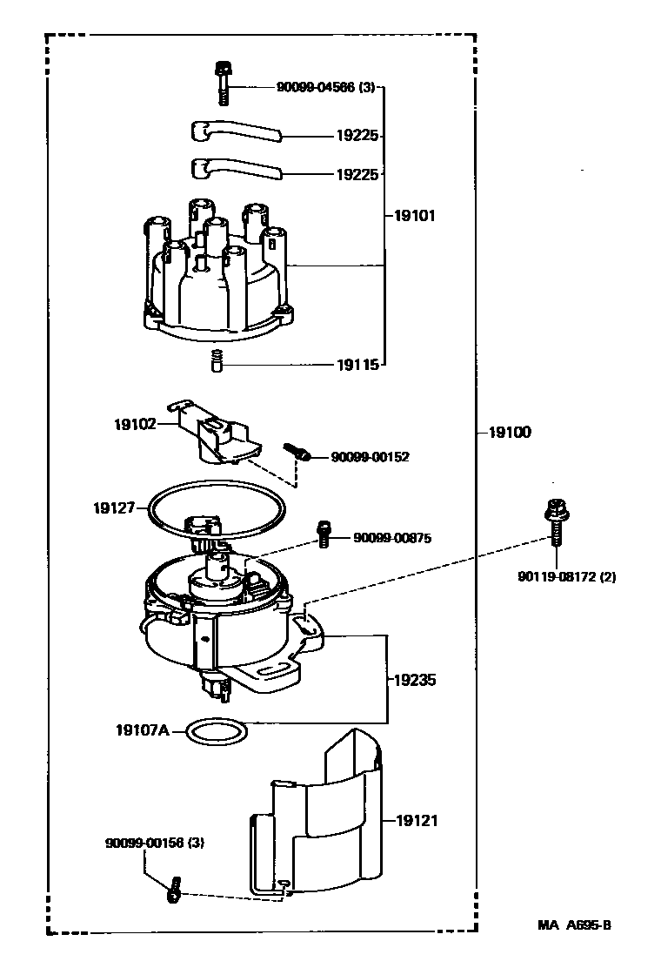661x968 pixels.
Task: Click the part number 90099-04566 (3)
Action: [325, 88]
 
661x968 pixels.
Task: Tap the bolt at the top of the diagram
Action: [222, 84]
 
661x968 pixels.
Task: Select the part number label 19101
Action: [414, 216]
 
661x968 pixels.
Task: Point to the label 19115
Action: [357, 365]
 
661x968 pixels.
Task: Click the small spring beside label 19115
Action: [216, 360]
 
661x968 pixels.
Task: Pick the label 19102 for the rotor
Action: [135, 424]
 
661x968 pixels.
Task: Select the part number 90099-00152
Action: [370, 457]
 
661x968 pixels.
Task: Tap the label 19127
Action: [114, 508]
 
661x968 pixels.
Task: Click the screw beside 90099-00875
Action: [324, 534]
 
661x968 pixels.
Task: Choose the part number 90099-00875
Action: [392, 538]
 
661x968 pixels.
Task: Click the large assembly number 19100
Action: [510, 432]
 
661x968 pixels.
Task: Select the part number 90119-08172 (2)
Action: [567, 577]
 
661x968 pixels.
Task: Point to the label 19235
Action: [414, 680]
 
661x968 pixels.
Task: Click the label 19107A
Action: [143, 730]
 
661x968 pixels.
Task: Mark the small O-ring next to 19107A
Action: [217, 731]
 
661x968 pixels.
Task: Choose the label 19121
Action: [417, 821]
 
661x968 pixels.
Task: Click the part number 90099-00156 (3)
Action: [155, 843]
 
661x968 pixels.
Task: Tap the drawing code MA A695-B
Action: [574, 924]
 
